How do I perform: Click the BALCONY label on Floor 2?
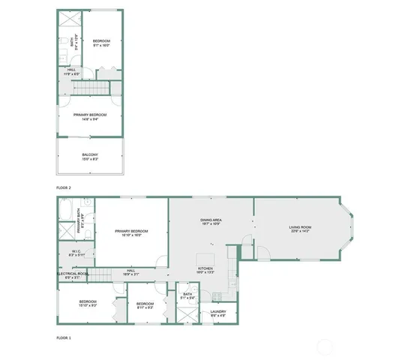click(90, 154)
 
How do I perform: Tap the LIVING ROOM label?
click(300, 226)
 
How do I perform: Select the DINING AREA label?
click(211, 220)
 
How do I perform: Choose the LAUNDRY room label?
click(218, 311)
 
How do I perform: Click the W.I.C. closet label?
click(76, 251)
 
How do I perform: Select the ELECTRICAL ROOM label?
click(73, 274)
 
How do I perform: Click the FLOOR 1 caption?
click(64, 338)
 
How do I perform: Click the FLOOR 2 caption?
click(64, 187)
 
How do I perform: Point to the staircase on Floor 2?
click(90, 91)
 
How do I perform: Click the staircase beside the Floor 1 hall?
click(111, 273)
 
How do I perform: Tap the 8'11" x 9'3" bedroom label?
click(145, 304)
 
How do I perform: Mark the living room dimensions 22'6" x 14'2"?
click(300, 231)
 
